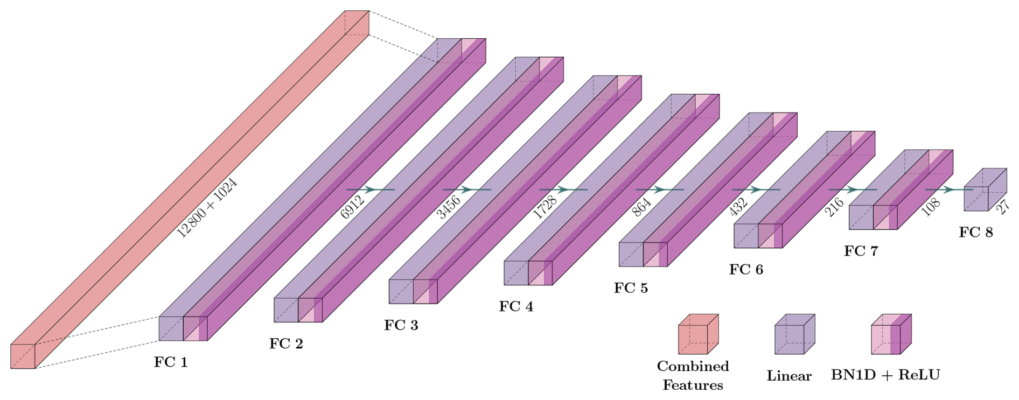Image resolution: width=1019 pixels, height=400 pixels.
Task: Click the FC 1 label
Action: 171,362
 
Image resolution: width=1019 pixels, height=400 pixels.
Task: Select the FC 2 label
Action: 286,343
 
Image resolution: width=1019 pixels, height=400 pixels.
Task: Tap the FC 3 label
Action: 401,325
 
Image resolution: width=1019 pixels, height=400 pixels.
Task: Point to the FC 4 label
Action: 516,306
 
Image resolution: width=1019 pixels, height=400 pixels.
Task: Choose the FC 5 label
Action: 631,288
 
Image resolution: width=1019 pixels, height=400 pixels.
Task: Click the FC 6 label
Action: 746,269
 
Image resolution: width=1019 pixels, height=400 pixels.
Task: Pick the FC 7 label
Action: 861,251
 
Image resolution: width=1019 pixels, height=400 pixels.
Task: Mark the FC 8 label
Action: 975,232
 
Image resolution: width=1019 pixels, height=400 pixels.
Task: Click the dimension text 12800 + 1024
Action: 207,208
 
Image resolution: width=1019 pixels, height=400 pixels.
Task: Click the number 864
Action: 641,207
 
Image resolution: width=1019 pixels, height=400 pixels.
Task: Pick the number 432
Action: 738,206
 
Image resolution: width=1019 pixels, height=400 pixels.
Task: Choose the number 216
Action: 834,207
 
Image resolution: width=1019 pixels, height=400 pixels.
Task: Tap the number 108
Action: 931,206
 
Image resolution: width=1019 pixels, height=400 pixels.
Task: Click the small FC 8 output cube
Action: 984,190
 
